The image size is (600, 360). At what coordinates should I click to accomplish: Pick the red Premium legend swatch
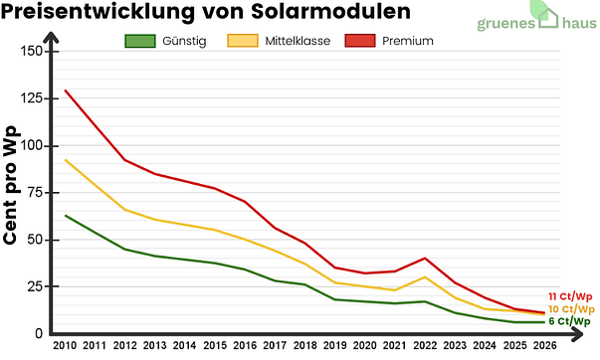358,42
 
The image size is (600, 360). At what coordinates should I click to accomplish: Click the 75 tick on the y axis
34,193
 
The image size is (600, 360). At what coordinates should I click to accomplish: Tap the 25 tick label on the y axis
34,287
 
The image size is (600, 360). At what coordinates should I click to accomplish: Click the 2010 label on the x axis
65,345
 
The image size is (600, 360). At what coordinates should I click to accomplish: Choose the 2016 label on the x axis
245,345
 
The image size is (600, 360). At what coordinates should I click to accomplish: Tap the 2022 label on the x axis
425,345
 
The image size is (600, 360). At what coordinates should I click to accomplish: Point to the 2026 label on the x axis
545,345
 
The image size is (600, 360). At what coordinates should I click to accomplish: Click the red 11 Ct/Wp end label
569,296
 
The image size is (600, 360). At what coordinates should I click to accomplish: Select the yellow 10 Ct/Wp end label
569,309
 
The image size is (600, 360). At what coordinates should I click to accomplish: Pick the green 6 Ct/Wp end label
569,321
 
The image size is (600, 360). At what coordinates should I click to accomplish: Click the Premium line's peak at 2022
425,259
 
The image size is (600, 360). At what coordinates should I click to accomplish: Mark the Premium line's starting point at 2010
65,90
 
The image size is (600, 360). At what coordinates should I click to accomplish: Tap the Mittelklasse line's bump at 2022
425,276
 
